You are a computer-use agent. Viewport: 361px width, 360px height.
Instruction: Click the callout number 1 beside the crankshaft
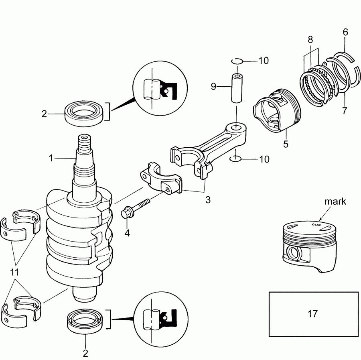pos(51,159)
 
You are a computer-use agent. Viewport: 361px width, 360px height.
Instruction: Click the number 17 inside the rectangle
pos(312,313)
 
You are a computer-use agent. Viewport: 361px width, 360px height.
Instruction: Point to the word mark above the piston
pos(336,202)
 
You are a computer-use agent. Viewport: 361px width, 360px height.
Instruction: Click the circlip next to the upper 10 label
pos(237,61)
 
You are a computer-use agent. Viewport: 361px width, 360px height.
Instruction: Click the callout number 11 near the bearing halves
pos(14,273)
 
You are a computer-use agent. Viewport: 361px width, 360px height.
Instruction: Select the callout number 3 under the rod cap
pos(208,199)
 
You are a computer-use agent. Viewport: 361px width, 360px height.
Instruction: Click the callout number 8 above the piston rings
pos(310,39)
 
